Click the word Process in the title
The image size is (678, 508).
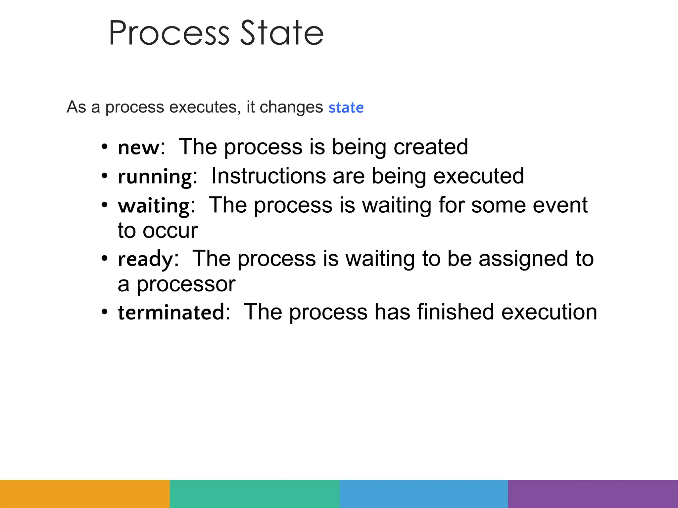(169, 33)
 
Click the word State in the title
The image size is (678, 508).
(281, 33)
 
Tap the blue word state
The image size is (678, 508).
(346, 108)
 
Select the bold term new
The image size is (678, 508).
(139, 148)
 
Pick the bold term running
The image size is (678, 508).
(155, 177)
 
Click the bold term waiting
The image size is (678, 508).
(154, 206)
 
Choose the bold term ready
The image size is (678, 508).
(145, 259)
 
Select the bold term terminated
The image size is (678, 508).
(171, 313)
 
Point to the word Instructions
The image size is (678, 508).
(268, 176)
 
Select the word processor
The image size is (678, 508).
(186, 284)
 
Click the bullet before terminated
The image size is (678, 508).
(105, 312)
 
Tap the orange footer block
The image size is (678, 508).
(85, 494)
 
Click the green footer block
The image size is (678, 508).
(254, 494)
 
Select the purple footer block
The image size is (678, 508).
(593, 494)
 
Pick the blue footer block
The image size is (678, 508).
(423, 494)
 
